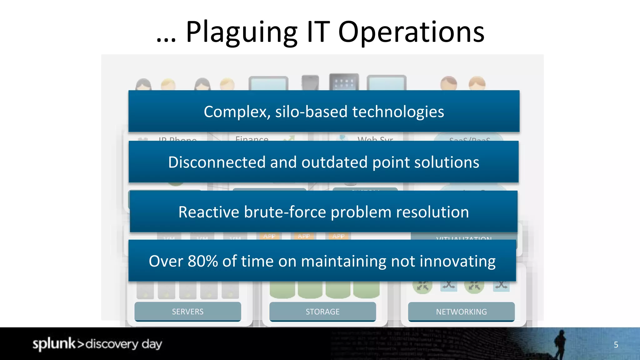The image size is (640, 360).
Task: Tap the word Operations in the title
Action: (411, 32)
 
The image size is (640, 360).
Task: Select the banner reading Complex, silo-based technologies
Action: (324, 111)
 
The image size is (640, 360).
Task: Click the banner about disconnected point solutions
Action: (323, 162)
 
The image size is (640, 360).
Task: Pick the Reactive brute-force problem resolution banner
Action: (323, 212)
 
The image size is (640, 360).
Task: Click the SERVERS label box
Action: (187, 312)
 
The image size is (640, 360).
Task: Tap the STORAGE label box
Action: (322, 312)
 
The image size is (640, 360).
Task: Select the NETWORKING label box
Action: (461, 312)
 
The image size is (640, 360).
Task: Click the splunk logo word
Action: (54, 344)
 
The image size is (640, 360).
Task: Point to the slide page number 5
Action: (616, 345)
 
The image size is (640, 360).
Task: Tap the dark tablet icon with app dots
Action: (344, 82)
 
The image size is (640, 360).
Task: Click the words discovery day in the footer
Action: (124, 344)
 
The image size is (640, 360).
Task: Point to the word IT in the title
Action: (318, 32)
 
